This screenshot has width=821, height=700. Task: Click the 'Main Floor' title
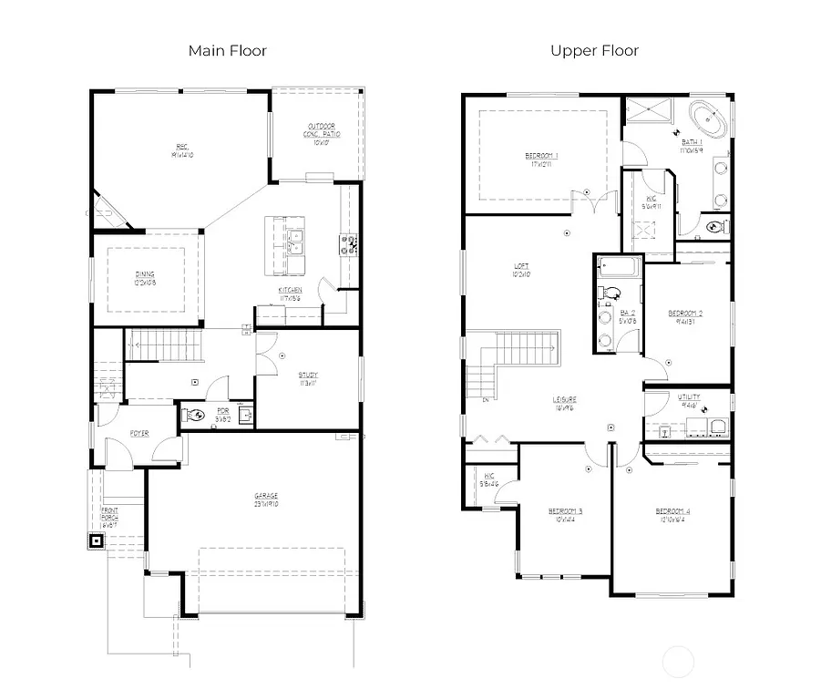click(x=227, y=50)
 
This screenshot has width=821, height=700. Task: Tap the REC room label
click(x=182, y=150)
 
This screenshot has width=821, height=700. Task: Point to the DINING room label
click(x=145, y=278)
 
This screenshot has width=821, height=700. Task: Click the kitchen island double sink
click(x=294, y=242)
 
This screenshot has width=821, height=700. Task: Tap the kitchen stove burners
click(x=348, y=243)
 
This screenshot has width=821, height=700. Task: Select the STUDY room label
click(x=308, y=377)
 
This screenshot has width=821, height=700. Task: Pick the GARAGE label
click(x=266, y=499)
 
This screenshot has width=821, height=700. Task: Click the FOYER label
click(x=139, y=433)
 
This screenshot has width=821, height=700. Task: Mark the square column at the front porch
click(x=96, y=540)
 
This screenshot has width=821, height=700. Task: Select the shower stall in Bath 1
click(x=647, y=111)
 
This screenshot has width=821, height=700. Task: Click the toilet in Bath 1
click(x=716, y=226)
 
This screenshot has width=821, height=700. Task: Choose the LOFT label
click(x=521, y=270)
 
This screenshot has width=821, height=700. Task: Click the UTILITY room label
click(x=689, y=399)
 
